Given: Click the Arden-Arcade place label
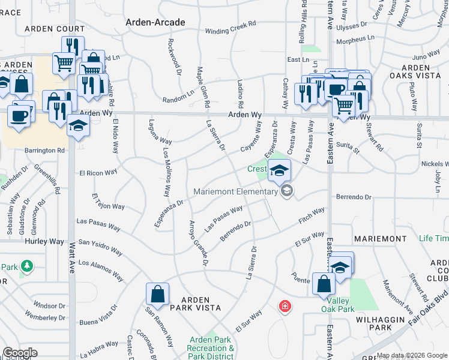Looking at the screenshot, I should (x=154, y=22).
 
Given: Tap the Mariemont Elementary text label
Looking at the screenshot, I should (x=235, y=192).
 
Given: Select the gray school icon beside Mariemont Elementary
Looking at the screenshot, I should (x=287, y=191).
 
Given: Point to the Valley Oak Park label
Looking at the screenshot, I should (x=337, y=305).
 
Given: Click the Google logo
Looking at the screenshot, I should (x=20, y=353).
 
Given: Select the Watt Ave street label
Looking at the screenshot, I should (x=71, y=263).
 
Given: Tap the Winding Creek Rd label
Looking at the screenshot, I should (x=231, y=31).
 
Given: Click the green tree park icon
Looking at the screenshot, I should (x=26, y=265).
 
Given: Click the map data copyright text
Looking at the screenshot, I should (x=412, y=355).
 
